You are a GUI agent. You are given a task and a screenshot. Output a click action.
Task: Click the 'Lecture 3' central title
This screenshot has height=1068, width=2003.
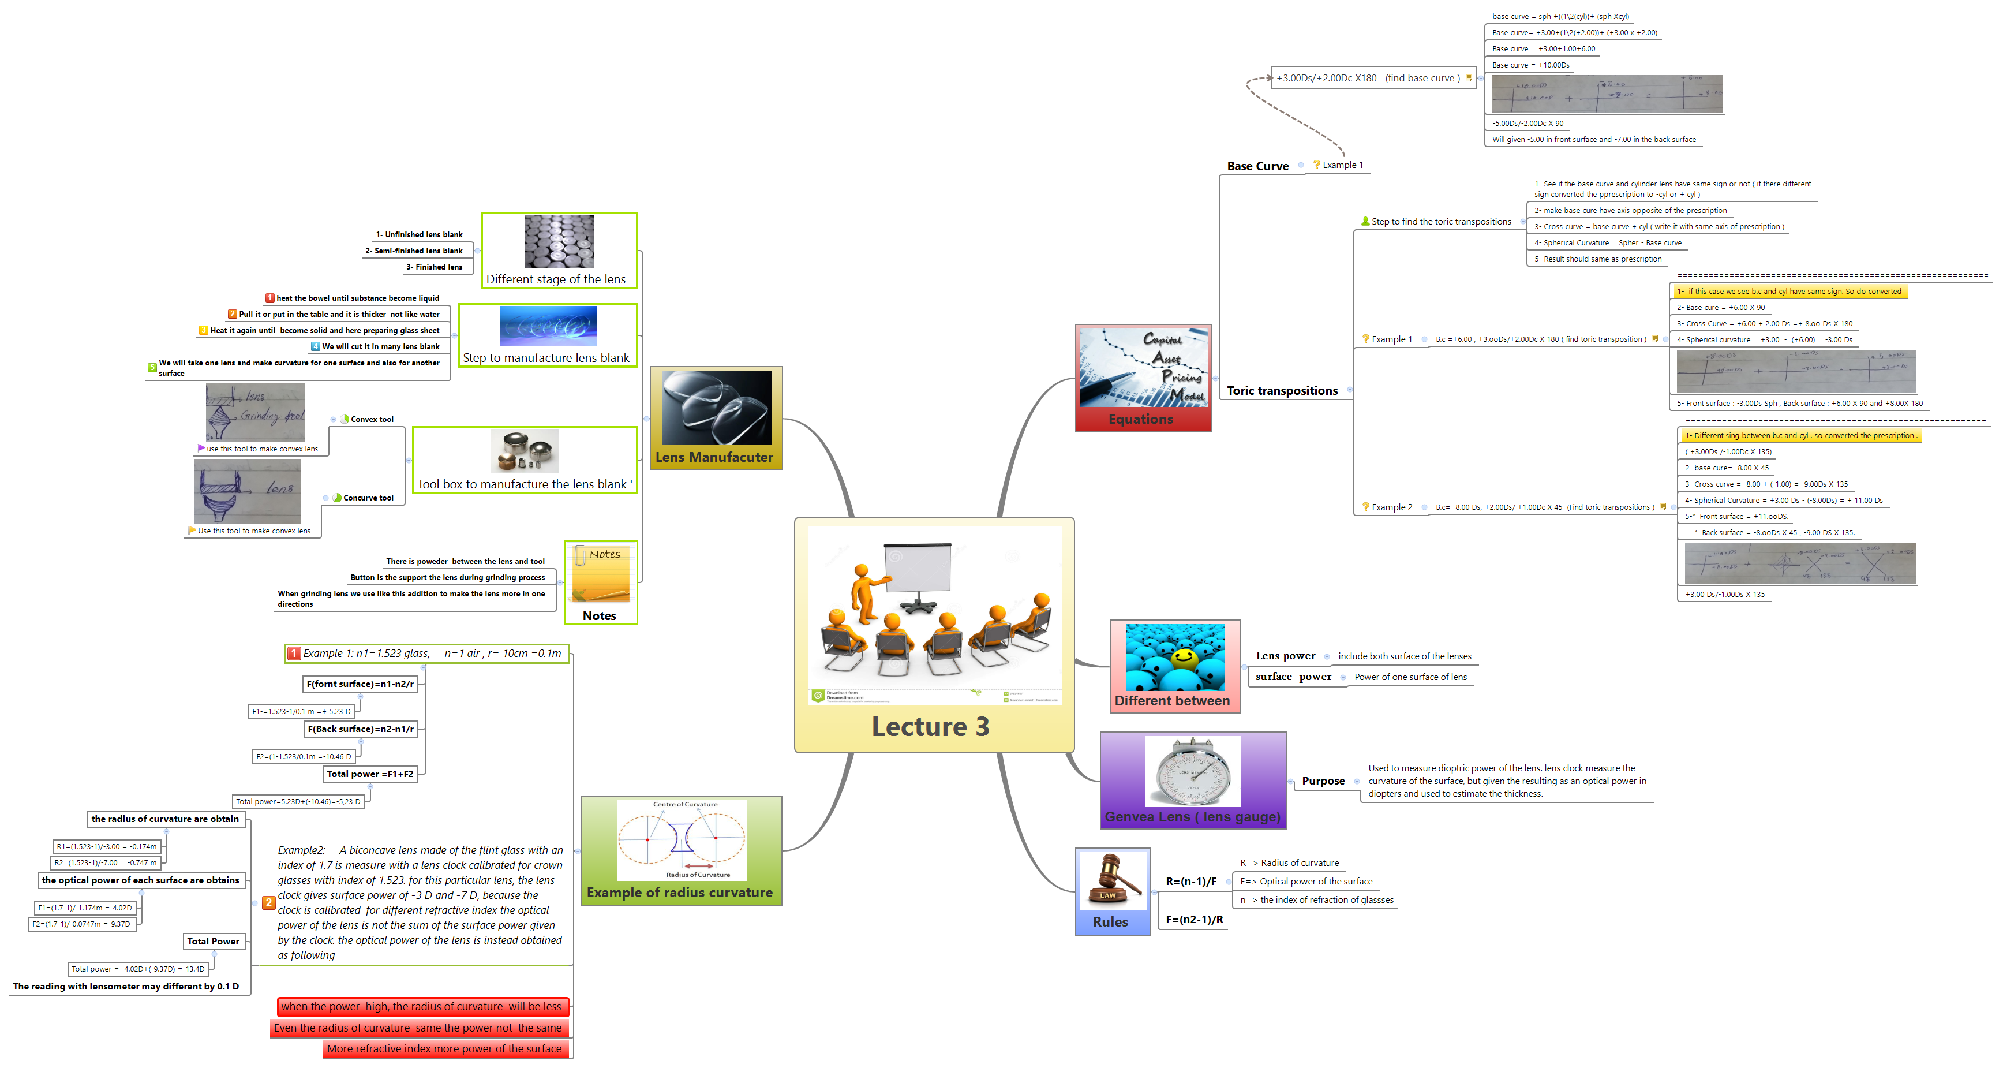(x=930, y=726)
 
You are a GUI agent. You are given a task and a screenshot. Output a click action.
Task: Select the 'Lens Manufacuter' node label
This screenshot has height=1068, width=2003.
(x=714, y=457)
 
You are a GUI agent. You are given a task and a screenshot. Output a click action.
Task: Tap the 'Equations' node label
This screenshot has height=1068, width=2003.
(x=1141, y=419)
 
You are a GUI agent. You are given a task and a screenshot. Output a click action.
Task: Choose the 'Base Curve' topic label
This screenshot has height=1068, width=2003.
(x=1257, y=166)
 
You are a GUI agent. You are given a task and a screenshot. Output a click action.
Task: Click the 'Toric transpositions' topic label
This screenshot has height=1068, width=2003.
(x=1282, y=390)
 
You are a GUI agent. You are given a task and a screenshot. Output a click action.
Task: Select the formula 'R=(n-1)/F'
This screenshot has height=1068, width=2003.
(x=1190, y=882)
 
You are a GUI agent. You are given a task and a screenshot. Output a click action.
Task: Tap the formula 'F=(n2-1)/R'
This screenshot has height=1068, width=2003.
(x=1195, y=920)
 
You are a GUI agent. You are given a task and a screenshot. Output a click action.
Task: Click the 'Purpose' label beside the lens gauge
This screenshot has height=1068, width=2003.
(x=1323, y=781)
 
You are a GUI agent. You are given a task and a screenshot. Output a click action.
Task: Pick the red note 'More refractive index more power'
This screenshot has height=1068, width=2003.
(x=444, y=1048)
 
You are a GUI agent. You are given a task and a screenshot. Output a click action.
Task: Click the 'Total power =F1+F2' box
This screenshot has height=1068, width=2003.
(x=370, y=774)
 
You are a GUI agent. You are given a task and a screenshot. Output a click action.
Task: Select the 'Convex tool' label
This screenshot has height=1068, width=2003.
(x=372, y=419)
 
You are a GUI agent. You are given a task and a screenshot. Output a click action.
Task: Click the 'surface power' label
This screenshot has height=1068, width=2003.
(x=1293, y=677)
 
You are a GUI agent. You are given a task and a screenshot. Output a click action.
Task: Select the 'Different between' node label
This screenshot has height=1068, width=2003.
(x=1172, y=701)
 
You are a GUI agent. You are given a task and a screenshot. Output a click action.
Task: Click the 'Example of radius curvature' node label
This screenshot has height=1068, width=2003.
(x=680, y=892)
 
